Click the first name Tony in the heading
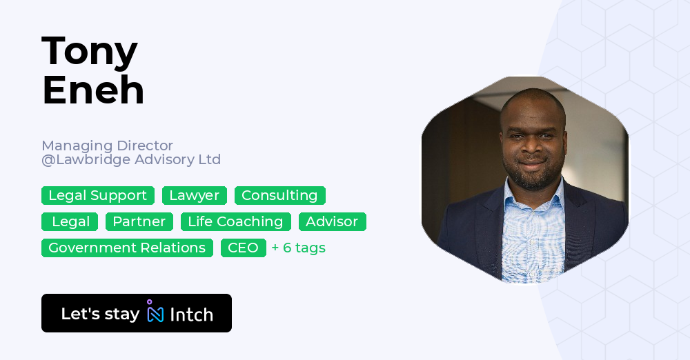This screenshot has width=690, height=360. pyautogui.click(x=90, y=52)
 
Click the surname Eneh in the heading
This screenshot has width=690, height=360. pyautogui.click(x=93, y=90)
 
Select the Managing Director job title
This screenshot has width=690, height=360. pyautogui.click(x=107, y=146)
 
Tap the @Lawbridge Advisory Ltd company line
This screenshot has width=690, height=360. pyautogui.click(x=131, y=160)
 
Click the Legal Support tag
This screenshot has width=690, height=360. pyautogui.click(x=98, y=196)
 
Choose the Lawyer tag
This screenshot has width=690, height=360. pyautogui.click(x=195, y=196)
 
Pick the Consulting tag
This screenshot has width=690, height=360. pyautogui.click(x=279, y=196)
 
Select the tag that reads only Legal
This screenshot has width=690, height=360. pyautogui.click(x=70, y=222)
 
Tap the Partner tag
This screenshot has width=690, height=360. pyautogui.click(x=139, y=222)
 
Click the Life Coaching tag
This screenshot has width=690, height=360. pyautogui.click(x=235, y=222)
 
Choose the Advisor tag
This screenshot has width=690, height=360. pyautogui.click(x=332, y=222)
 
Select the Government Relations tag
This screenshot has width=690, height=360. pyautogui.click(x=127, y=248)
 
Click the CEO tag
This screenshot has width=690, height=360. pyautogui.click(x=243, y=248)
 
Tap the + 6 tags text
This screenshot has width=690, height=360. pyautogui.click(x=298, y=248)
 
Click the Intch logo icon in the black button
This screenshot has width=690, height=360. pyautogui.click(x=155, y=312)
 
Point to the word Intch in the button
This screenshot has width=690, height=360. pyautogui.click(x=191, y=314)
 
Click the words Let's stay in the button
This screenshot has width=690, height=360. pyautogui.click(x=100, y=314)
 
